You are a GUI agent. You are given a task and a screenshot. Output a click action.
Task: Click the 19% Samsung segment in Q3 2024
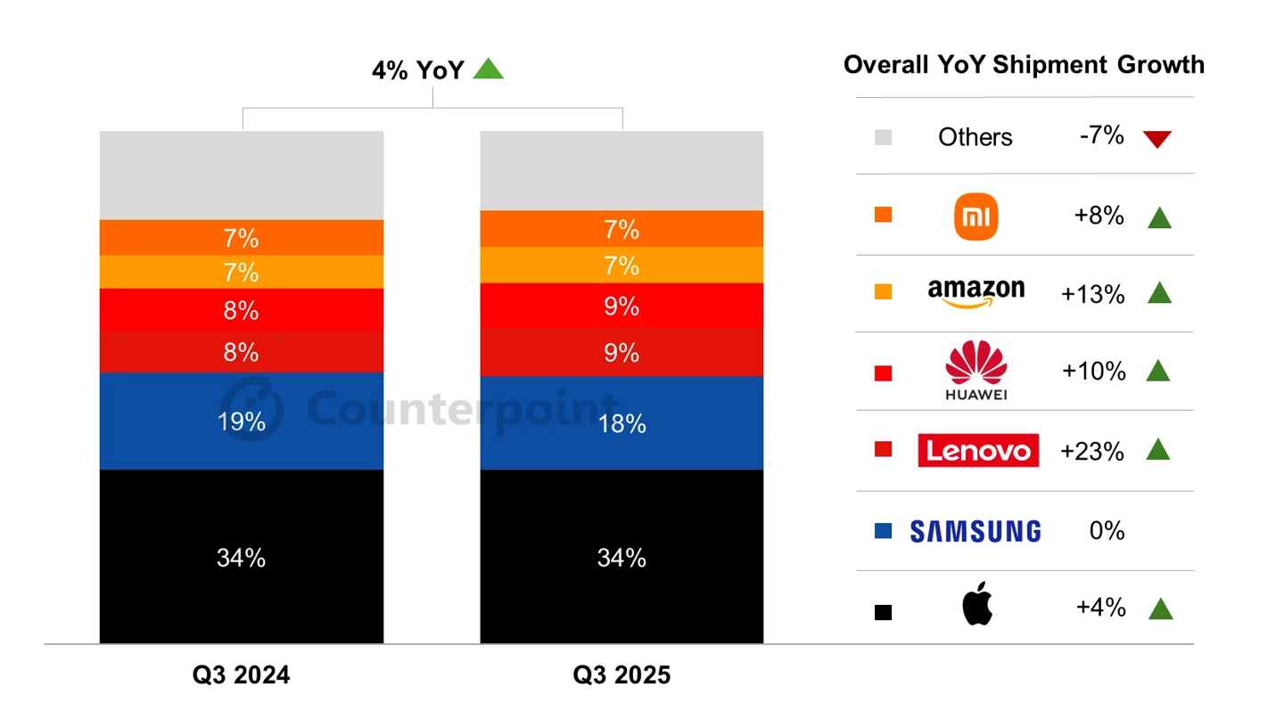click(x=241, y=421)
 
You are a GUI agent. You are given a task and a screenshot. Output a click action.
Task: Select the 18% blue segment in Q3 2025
click(x=621, y=423)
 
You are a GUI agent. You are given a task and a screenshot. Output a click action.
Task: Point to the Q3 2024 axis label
click(x=241, y=675)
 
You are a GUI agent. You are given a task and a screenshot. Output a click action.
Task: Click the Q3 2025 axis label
click(x=621, y=675)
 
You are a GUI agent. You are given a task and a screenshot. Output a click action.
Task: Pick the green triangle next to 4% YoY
click(x=488, y=69)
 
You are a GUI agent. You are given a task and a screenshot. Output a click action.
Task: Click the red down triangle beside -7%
click(x=1156, y=139)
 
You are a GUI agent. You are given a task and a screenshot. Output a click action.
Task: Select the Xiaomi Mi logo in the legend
click(x=975, y=217)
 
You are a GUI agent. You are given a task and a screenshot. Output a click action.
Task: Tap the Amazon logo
click(x=975, y=292)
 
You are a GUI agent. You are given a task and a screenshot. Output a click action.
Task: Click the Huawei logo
click(x=975, y=370)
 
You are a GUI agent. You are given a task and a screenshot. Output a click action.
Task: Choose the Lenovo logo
click(x=977, y=451)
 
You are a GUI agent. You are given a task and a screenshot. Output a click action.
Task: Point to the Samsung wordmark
click(x=975, y=532)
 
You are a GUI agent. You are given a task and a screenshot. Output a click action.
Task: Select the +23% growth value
click(x=1091, y=452)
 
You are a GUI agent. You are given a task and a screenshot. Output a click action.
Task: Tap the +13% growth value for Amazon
click(x=1092, y=295)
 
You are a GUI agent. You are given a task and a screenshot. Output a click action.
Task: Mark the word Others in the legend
click(x=975, y=137)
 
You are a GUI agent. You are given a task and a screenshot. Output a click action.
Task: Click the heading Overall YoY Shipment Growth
click(x=1023, y=65)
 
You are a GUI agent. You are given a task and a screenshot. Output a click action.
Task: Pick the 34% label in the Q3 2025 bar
click(x=621, y=559)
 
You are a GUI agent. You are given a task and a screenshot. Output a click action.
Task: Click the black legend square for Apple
click(x=883, y=612)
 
